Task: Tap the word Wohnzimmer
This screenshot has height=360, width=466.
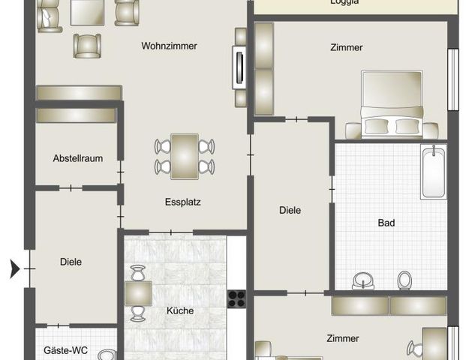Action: (x=169, y=46)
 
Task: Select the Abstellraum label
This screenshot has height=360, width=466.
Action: (x=77, y=158)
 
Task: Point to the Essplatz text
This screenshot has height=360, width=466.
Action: (x=183, y=202)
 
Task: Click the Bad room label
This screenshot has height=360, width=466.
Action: (x=386, y=223)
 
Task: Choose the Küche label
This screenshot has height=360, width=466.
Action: (x=180, y=310)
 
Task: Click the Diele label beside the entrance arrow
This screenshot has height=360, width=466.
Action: (x=71, y=262)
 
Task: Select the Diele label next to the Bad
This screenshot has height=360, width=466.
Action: (x=290, y=211)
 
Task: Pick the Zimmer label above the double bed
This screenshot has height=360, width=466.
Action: (x=347, y=47)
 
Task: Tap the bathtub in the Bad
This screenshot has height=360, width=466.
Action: (x=433, y=173)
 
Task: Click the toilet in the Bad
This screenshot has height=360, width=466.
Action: (x=404, y=280)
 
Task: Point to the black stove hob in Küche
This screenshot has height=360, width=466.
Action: (x=236, y=298)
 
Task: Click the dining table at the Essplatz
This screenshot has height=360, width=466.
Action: (x=185, y=156)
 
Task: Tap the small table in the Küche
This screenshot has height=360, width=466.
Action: (x=139, y=292)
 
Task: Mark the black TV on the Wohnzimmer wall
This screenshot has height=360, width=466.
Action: (x=239, y=67)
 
